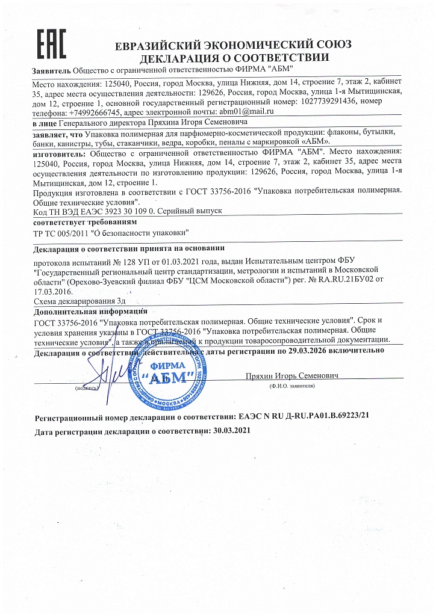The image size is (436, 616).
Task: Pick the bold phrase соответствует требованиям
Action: tap(72, 222)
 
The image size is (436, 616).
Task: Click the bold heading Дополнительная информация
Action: tap(91, 311)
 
